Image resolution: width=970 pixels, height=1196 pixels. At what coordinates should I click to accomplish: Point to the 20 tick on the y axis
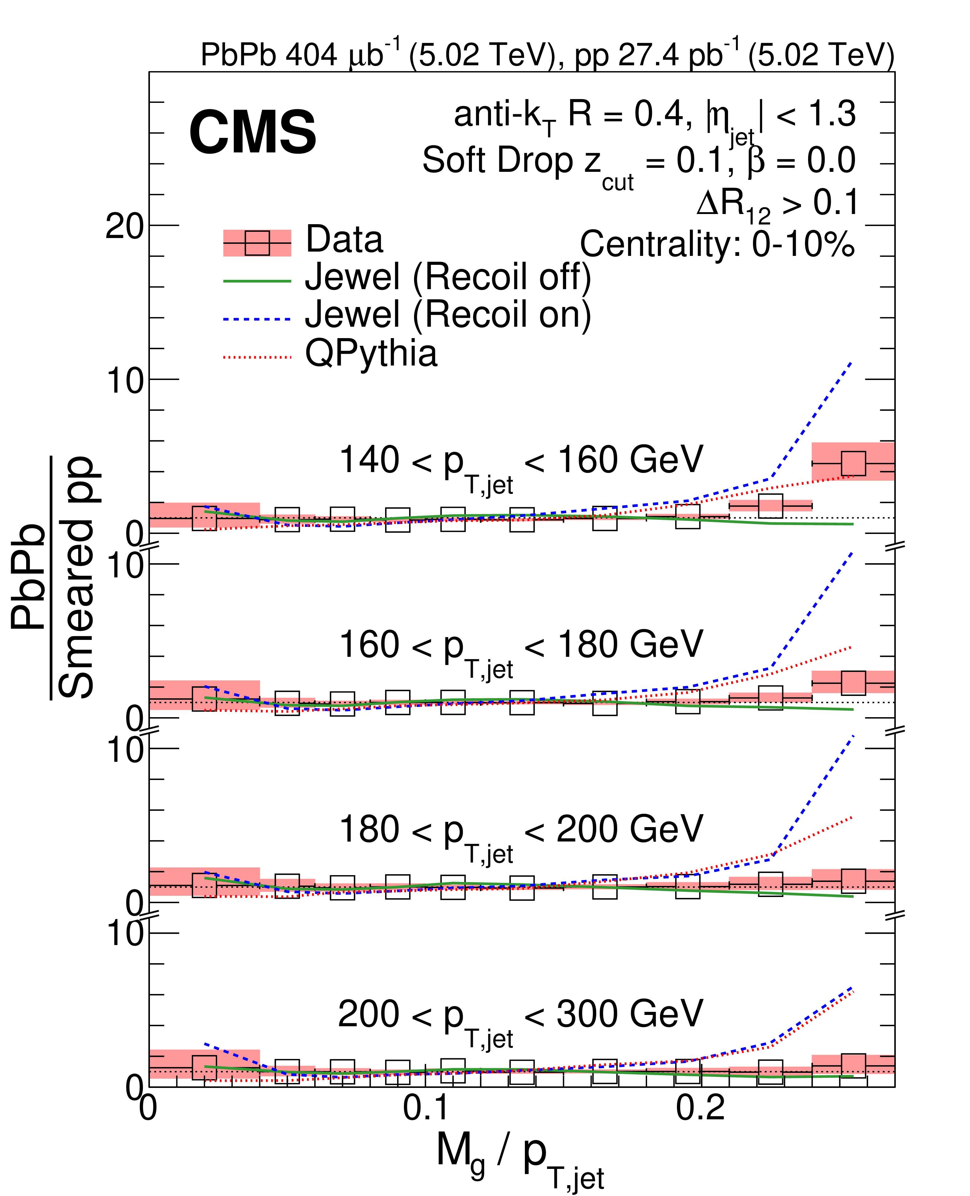[124, 226]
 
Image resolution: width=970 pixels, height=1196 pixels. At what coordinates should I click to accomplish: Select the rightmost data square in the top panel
[853, 463]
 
